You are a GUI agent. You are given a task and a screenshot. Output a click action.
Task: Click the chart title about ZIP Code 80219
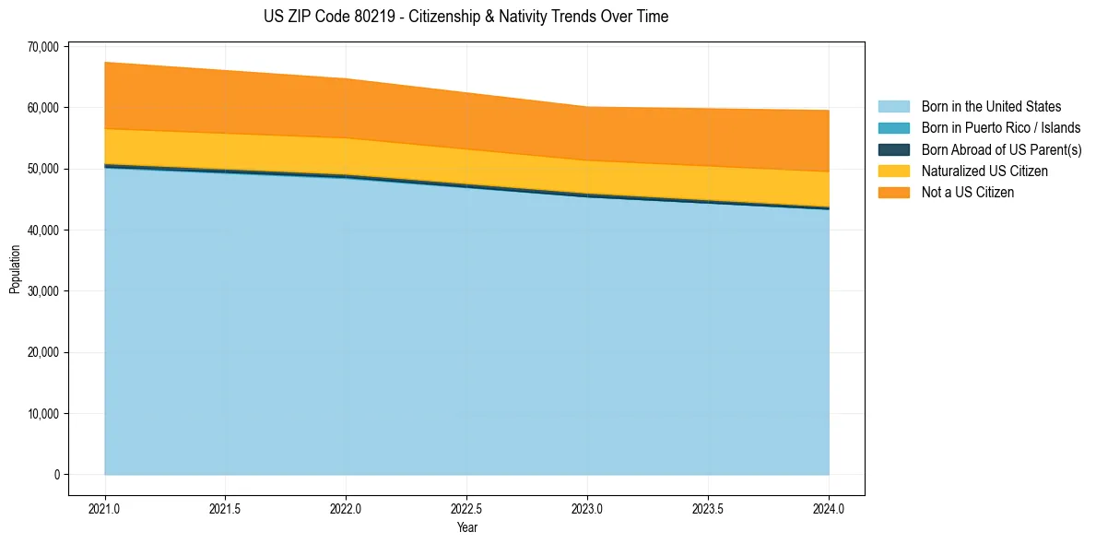pos(466,17)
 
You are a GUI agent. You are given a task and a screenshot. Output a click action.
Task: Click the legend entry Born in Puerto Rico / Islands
pos(1001,128)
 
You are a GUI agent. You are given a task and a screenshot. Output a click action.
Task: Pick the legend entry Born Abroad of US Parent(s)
pos(1001,149)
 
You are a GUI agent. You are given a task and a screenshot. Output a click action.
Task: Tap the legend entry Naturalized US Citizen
pos(984,171)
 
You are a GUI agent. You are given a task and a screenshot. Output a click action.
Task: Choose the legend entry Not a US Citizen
pos(968,192)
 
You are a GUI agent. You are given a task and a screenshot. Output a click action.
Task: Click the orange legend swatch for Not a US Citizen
pos(893,192)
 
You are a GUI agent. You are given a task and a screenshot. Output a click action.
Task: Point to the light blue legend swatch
pos(893,107)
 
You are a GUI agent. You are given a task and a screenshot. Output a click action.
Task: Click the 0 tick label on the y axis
pos(56,475)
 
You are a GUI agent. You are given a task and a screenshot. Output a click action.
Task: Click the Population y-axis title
pos(15,269)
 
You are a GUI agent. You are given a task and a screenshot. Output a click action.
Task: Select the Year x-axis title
pos(466,528)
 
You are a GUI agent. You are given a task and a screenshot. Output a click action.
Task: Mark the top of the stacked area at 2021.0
pos(105,63)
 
